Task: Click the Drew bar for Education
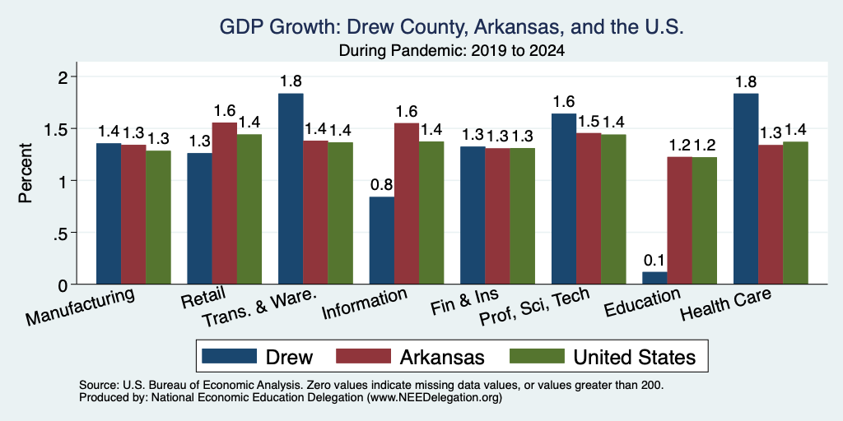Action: click(654, 278)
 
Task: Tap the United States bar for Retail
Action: click(249, 209)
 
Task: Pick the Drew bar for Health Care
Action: click(746, 188)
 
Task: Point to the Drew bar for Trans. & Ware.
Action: click(291, 188)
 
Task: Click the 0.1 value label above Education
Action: click(654, 261)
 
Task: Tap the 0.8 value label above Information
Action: click(382, 185)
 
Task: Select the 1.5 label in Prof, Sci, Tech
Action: click(588, 122)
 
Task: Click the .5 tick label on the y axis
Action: click(63, 233)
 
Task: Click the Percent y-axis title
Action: click(26, 173)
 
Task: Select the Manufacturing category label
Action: click(79, 307)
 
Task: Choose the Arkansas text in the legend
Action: click(442, 357)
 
